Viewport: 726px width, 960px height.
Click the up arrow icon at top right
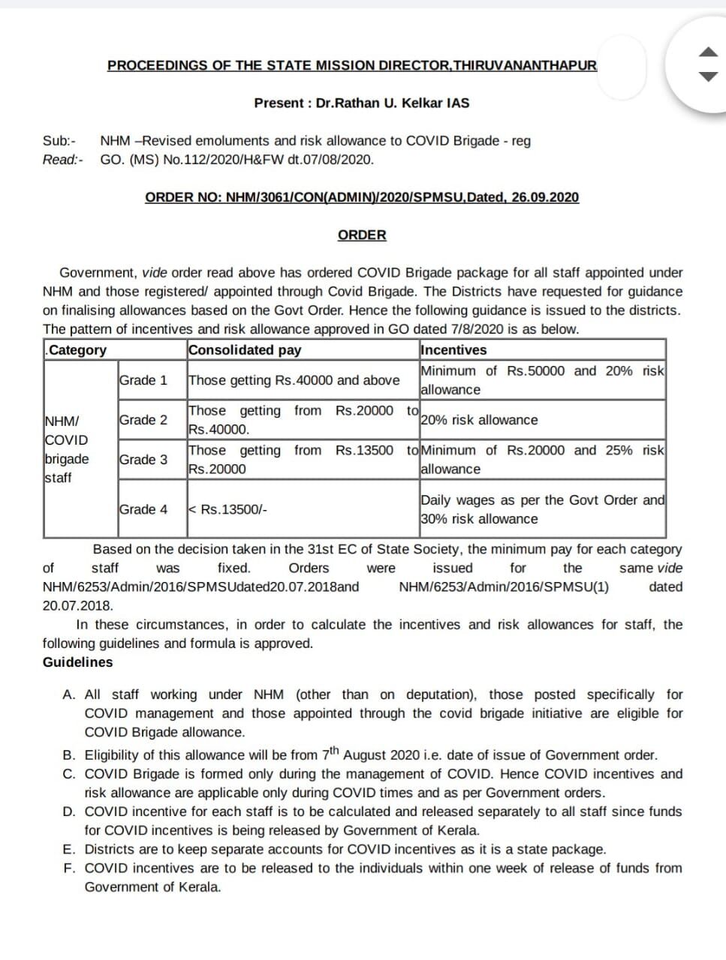[x=709, y=52]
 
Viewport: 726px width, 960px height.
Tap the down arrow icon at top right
[x=709, y=76]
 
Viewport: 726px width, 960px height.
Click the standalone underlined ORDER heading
[x=362, y=235]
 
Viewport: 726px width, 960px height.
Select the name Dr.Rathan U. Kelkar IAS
[x=393, y=103]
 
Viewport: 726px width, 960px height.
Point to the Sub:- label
[x=59, y=140]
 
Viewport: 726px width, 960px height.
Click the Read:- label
[x=62, y=159]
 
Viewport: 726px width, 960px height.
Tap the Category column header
[x=77, y=349]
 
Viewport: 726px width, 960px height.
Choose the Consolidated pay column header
[x=245, y=349]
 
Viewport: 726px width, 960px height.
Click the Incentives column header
[x=454, y=349]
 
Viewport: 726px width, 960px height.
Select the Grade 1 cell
[x=143, y=380]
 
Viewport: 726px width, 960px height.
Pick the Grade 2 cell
[x=143, y=420]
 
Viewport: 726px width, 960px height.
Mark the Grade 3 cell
[x=143, y=460]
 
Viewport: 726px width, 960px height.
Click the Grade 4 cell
[x=143, y=509]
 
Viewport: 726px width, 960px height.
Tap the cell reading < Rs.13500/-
[x=227, y=509]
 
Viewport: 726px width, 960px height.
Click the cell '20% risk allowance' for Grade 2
[x=479, y=420]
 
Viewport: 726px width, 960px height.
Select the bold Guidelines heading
[x=77, y=662]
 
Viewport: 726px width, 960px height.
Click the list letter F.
[x=68, y=868]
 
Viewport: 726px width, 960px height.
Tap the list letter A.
[x=68, y=694]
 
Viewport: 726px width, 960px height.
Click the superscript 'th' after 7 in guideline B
[x=335, y=750]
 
